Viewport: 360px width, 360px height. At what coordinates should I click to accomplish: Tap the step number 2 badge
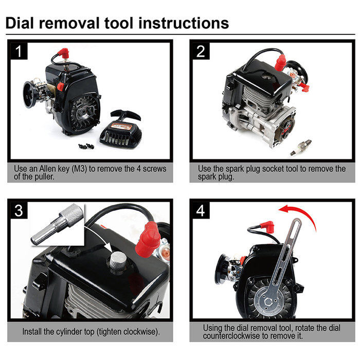pyautogui.click(x=201, y=51)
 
